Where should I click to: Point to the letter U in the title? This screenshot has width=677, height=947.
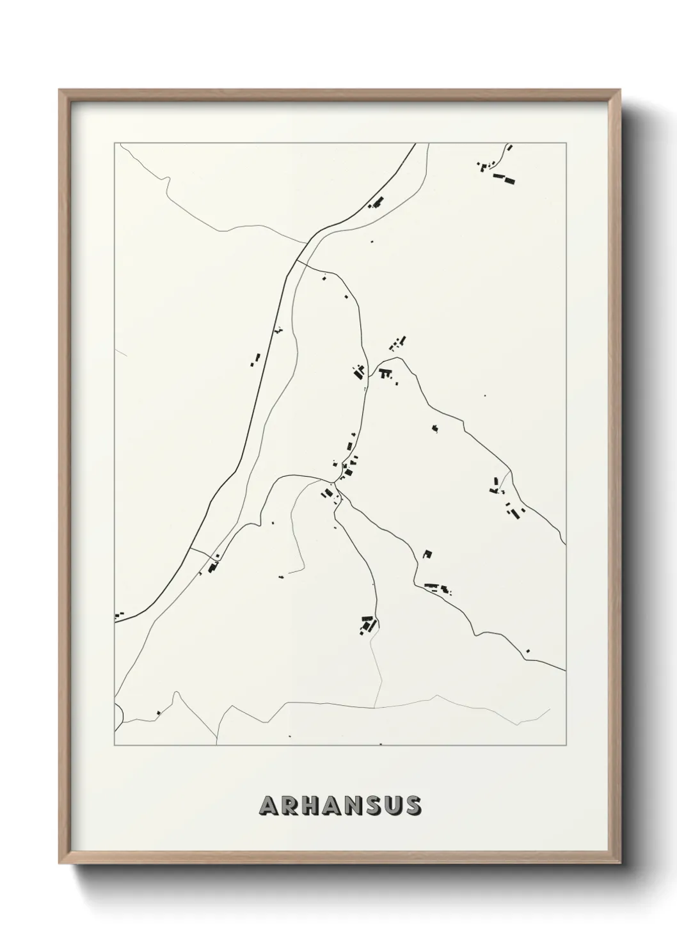[x=392, y=806]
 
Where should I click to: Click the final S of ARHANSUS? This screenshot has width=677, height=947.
[x=412, y=806]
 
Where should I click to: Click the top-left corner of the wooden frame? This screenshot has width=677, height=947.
[x=60, y=90]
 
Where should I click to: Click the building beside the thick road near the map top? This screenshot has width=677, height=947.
[x=376, y=203]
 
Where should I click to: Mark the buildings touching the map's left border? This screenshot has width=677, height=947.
[x=118, y=615]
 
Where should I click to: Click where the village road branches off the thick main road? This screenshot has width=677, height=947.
[x=298, y=260]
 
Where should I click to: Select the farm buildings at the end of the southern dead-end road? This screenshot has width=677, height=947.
[x=367, y=623]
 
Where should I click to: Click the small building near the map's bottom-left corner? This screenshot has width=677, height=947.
[x=158, y=712]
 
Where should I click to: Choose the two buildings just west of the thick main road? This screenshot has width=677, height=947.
[x=255, y=360]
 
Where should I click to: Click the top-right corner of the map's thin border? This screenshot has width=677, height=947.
[x=565, y=143]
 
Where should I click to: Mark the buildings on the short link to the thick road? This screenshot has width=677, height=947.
[x=213, y=566]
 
